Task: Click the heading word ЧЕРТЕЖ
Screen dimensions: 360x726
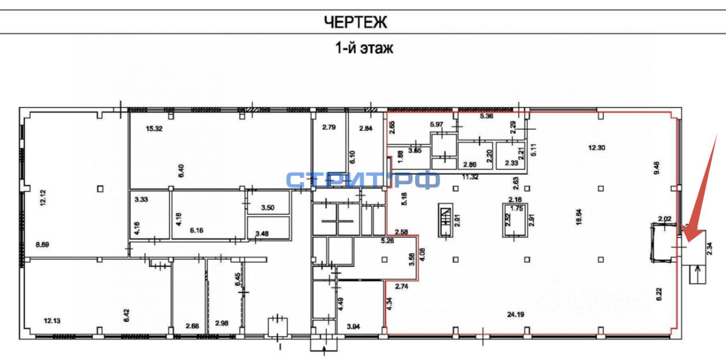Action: click(x=356, y=23)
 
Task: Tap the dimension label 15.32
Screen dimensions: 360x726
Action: click(x=154, y=129)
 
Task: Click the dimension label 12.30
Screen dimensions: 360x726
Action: click(x=597, y=147)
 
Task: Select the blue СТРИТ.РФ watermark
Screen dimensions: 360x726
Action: click(x=363, y=180)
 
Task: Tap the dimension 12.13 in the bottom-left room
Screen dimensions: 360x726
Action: click(x=52, y=321)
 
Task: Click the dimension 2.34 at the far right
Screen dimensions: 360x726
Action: click(x=709, y=248)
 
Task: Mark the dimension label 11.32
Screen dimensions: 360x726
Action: click(x=471, y=177)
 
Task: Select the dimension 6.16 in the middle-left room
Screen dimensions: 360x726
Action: click(x=196, y=230)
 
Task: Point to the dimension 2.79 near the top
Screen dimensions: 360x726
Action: click(x=330, y=127)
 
